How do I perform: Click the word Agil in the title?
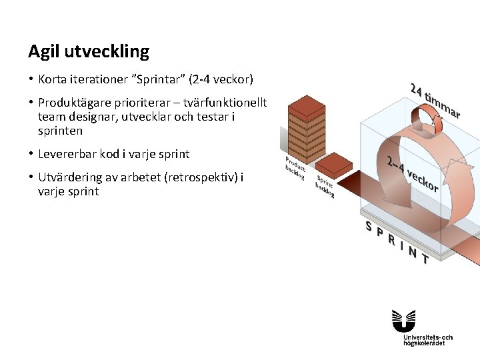click(x=42, y=51)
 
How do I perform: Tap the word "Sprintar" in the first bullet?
click(x=159, y=80)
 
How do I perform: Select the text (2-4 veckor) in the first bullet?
click(x=221, y=80)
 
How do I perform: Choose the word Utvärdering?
click(x=69, y=177)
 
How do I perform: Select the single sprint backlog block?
click(x=333, y=164)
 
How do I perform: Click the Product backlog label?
click(x=295, y=169)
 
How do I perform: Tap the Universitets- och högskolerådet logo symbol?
click(x=404, y=320)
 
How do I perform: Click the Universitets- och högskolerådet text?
click(x=428, y=340)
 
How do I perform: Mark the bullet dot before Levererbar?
click(x=31, y=154)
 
